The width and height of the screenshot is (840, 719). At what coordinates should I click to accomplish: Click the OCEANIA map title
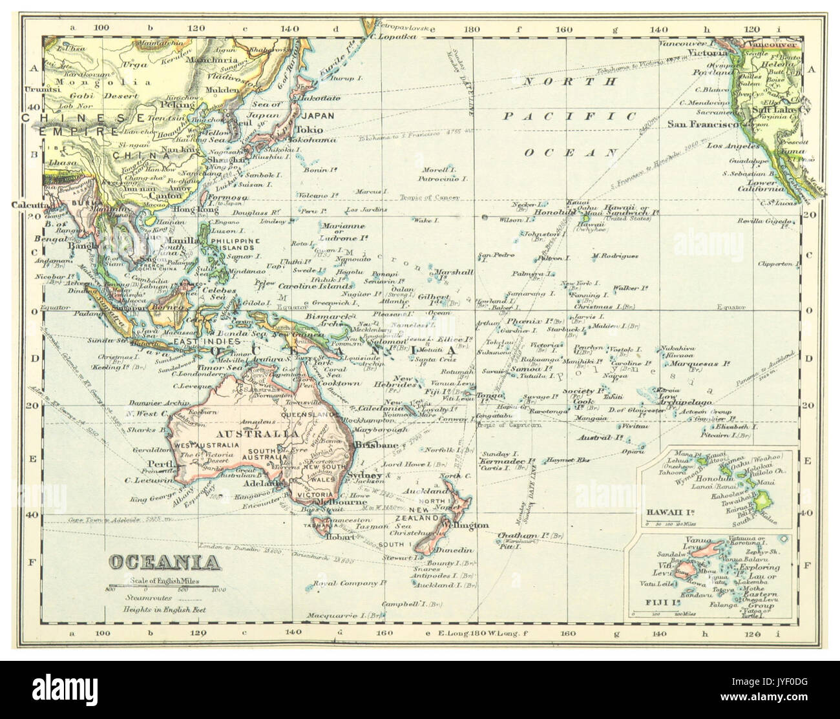pyautogui.click(x=163, y=561)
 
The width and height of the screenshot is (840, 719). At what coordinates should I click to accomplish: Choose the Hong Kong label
pyautogui.click(x=191, y=211)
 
